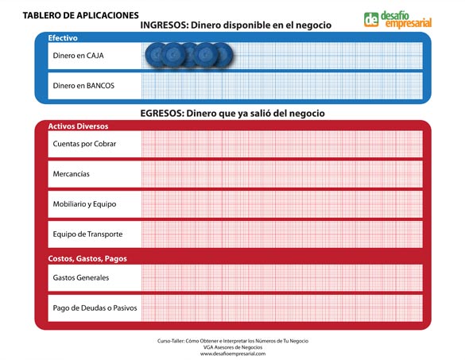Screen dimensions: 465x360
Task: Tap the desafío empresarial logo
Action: pos(397,19)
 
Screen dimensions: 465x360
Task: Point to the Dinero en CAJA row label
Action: pos(79,56)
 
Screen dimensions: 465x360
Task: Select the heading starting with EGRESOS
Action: pos(232,114)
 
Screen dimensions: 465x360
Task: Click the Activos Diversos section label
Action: pos(78,126)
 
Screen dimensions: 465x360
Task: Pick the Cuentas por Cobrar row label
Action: pos(84,144)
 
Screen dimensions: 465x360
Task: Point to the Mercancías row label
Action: pos(71,173)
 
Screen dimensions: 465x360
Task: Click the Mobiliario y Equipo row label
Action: pos(85,204)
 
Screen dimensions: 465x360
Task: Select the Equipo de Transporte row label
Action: pos(87,234)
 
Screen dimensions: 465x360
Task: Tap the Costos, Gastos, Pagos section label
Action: pos(87,258)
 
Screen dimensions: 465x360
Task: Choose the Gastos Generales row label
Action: pos(81,278)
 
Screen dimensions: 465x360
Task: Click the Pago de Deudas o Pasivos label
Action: pos(91,308)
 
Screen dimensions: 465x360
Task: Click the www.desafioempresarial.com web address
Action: pos(233,353)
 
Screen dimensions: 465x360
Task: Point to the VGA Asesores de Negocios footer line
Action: pos(233,346)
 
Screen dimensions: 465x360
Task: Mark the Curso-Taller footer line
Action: pos(233,340)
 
